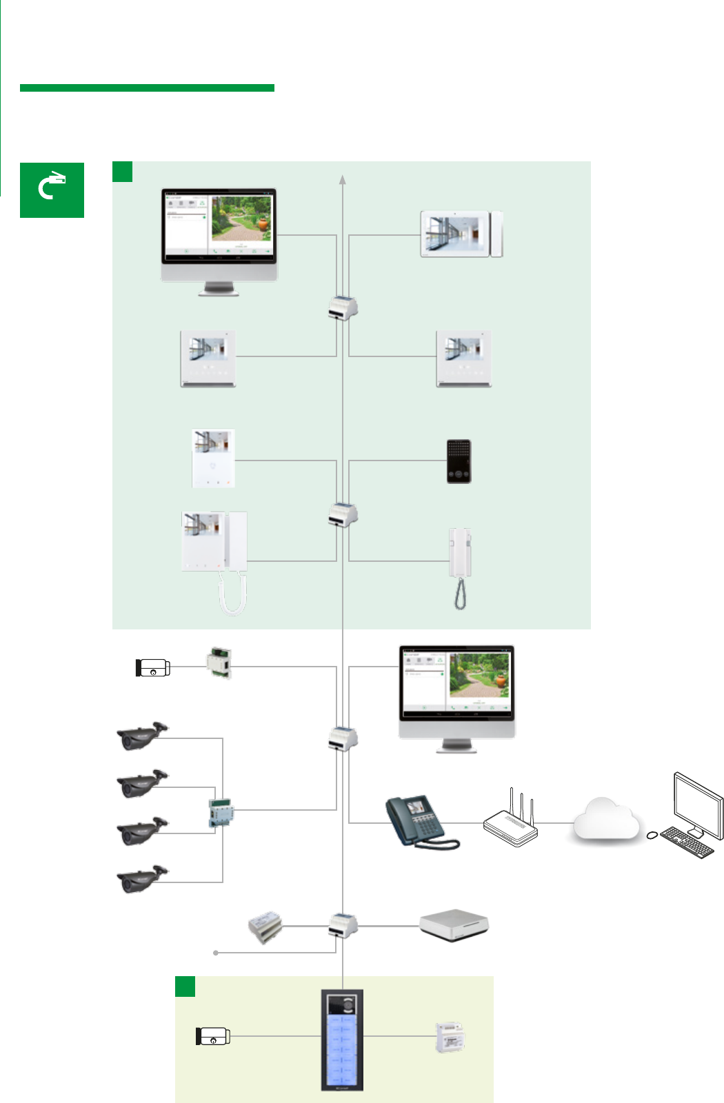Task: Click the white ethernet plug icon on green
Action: click(x=52, y=186)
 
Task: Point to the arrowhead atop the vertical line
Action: click(x=343, y=180)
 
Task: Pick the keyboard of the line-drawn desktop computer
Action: click(x=687, y=842)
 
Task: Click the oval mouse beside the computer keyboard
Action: click(x=652, y=836)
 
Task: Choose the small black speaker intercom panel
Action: click(x=459, y=461)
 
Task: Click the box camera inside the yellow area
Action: click(x=212, y=1035)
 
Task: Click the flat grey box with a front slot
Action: click(x=454, y=924)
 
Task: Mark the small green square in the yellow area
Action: click(x=185, y=986)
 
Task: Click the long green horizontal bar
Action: click(x=147, y=88)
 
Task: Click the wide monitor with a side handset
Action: click(x=461, y=235)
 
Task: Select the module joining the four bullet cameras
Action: click(x=221, y=813)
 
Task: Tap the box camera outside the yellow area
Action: click(x=152, y=667)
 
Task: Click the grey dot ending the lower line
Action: click(x=216, y=953)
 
